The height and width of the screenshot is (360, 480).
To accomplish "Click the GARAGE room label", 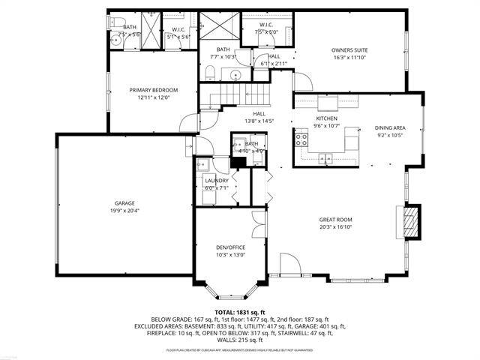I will [x=124, y=203].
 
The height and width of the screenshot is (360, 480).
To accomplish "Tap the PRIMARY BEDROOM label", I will [x=154, y=89].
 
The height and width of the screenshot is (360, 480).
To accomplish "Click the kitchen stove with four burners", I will [x=301, y=138].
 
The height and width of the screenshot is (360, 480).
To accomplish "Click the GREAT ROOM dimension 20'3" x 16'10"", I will [x=334, y=227].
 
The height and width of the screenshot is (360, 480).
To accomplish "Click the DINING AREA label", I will [x=390, y=127].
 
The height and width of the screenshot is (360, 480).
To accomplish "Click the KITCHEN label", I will [x=326, y=118].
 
